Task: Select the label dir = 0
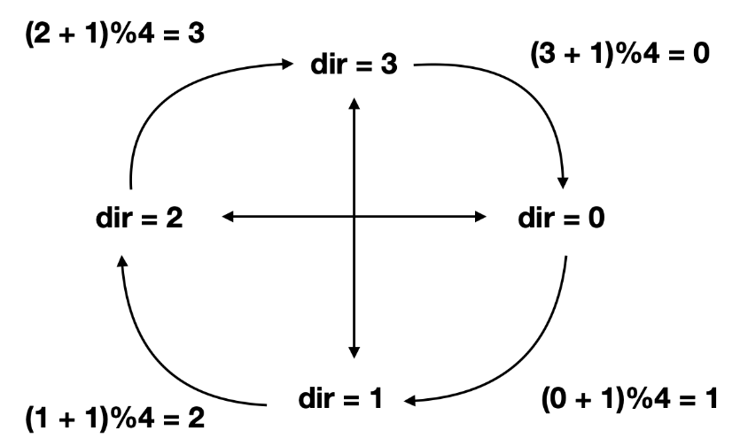[560, 218]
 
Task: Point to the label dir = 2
[139, 218]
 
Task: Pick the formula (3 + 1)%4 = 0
[620, 53]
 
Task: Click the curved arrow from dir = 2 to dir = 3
[168, 88]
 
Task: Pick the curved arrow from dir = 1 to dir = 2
[168, 363]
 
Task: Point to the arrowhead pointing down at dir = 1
[355, 352]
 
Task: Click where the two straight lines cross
[355, 216]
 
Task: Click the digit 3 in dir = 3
[389, 66]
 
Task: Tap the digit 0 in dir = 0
[596, 218]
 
